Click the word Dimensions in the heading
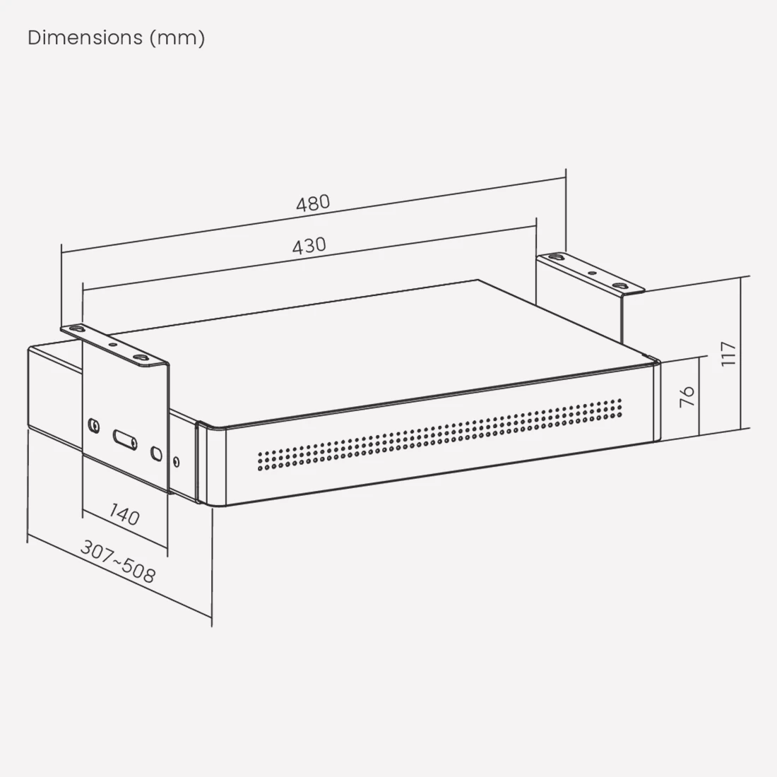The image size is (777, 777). click(85, 37)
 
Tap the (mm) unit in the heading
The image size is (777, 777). click(177, 38)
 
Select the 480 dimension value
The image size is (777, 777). click(313, 203)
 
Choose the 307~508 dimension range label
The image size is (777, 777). click(118, 562)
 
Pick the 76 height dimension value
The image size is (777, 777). click(687, 396)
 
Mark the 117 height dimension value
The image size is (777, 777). click(728, 354)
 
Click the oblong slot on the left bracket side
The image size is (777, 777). click(125, 439)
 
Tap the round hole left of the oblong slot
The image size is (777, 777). click(93, 425)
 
